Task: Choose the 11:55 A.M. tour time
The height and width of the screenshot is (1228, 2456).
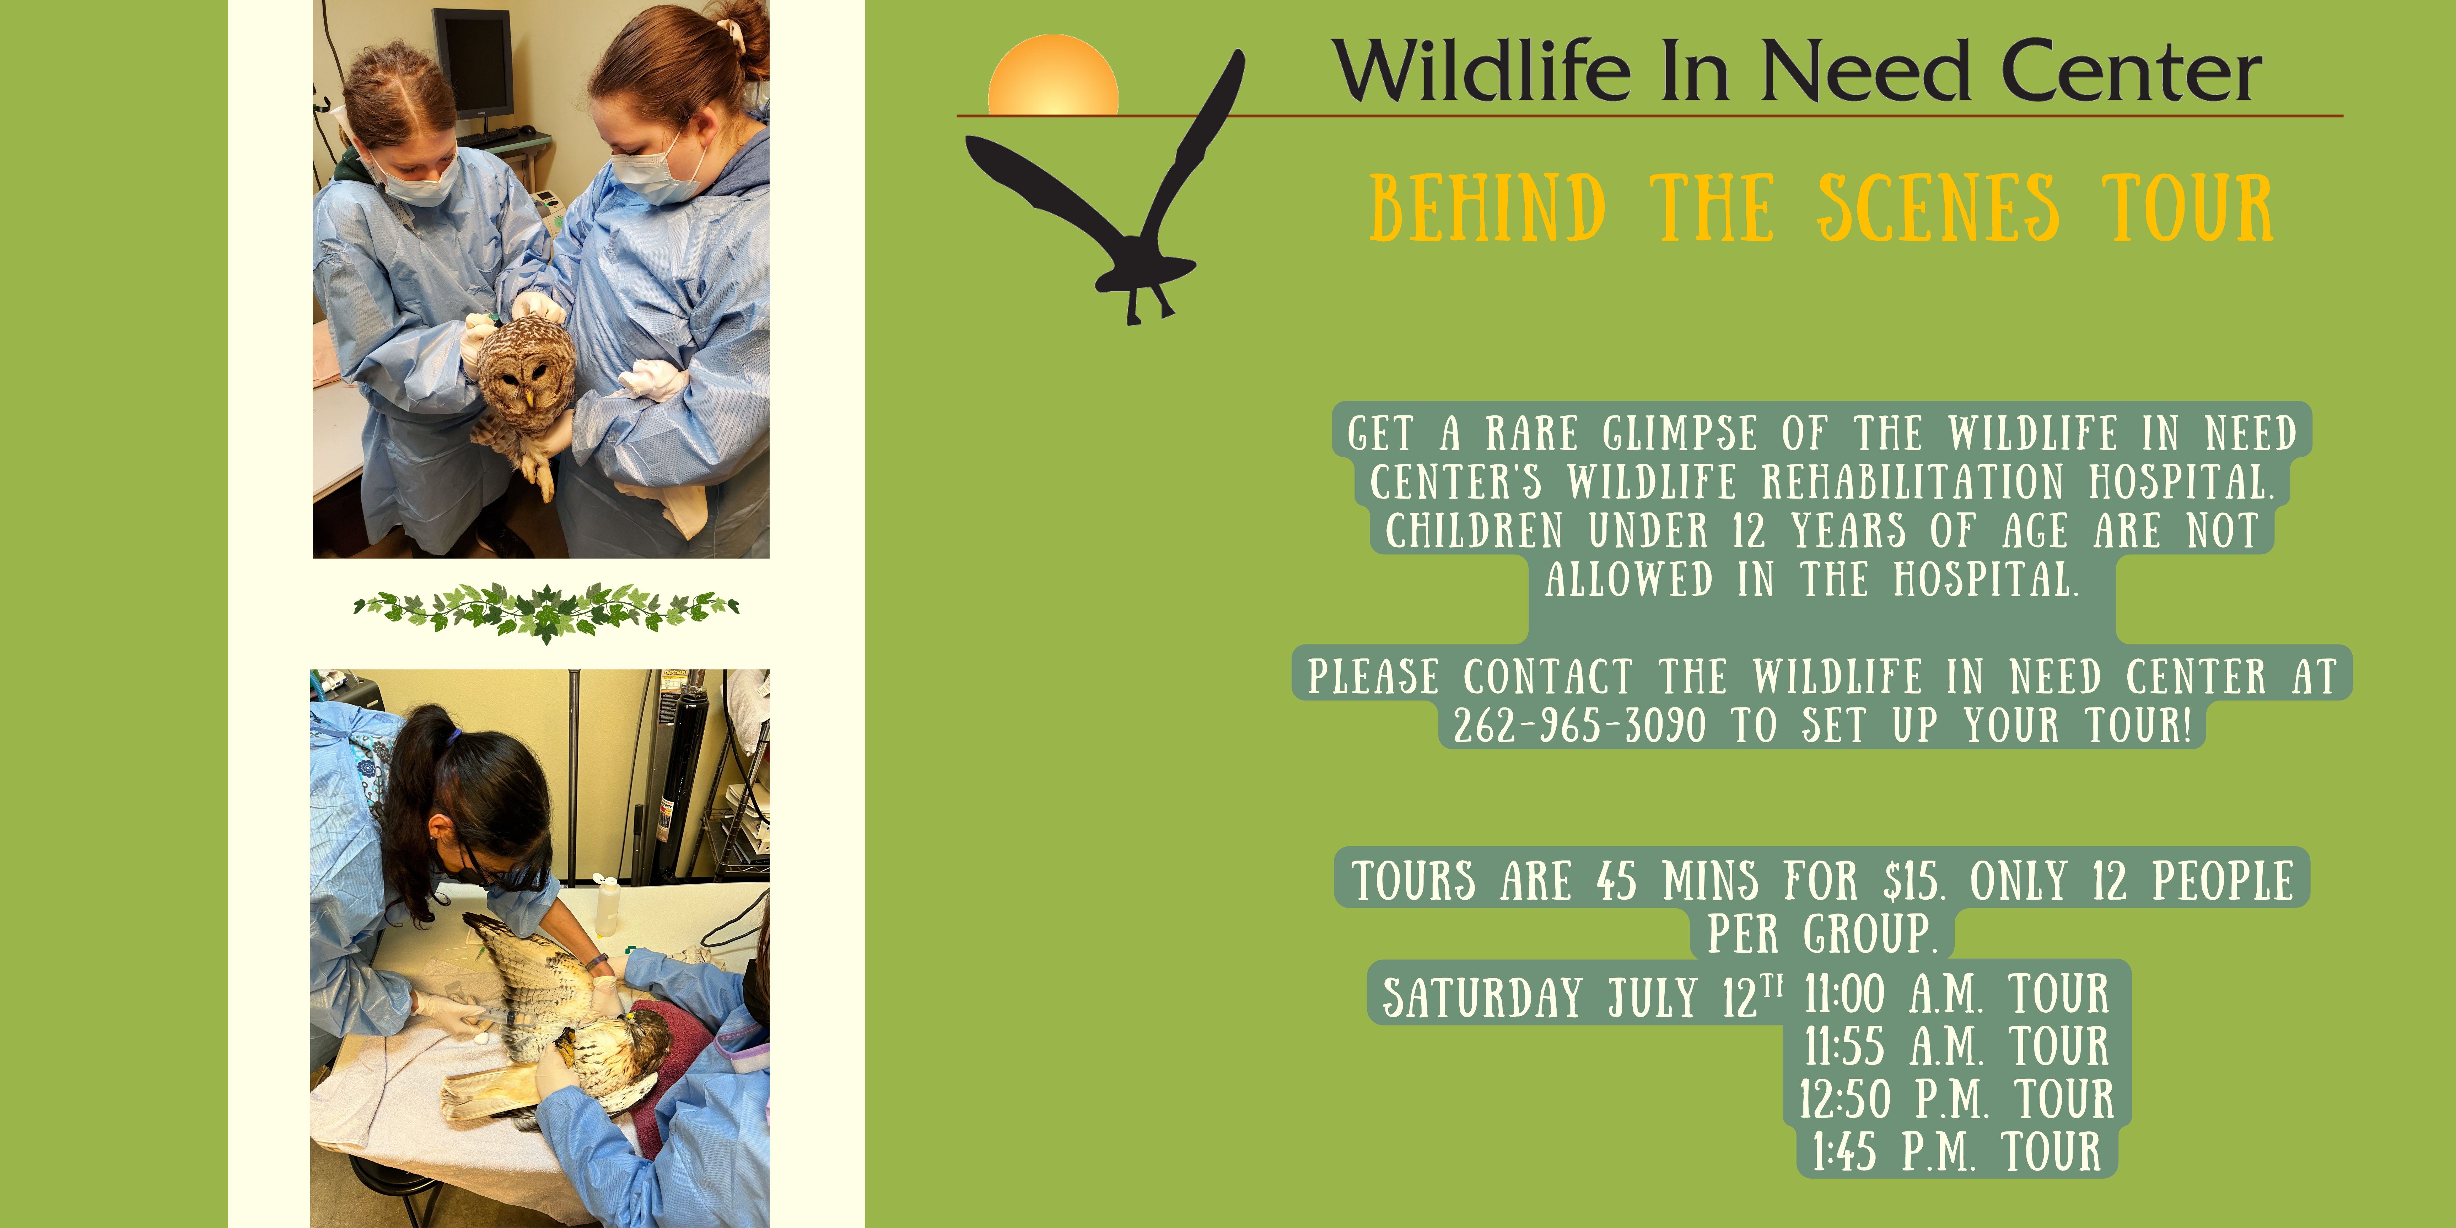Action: (1892, 1046)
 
